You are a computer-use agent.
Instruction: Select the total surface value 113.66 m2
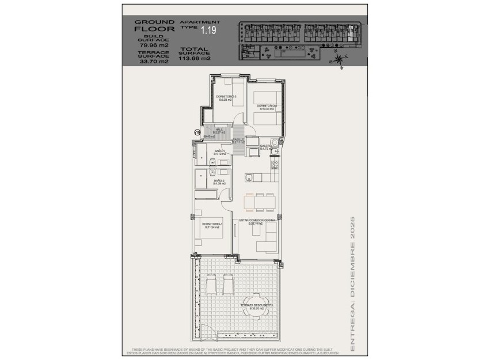pos(195,58)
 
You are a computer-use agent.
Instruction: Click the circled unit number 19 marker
pos(197,133)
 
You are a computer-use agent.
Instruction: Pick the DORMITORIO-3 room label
pos(224,97)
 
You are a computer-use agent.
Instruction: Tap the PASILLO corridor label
pos(238,140)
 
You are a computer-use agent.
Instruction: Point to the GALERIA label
pos(265,147)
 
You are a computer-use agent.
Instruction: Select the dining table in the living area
pos(260,202)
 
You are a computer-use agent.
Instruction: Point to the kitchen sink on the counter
pos(249,177)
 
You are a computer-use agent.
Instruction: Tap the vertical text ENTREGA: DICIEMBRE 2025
pos(352,285)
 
